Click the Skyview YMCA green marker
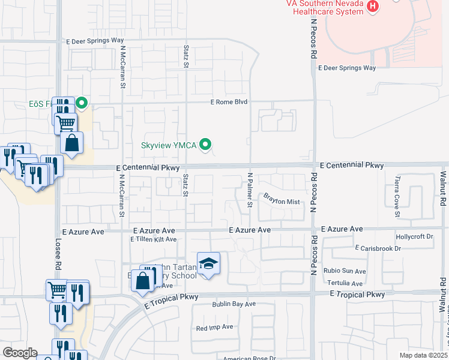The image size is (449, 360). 206,144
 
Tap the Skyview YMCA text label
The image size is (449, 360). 169,145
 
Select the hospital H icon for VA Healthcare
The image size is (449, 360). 373,7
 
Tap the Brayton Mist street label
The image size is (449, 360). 282,202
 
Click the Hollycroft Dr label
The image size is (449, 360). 414,237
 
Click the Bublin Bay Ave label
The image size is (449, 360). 234,304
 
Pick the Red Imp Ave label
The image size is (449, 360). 214,328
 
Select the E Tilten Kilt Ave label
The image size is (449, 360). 154,239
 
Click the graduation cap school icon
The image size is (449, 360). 208,263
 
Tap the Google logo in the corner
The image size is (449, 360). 19,353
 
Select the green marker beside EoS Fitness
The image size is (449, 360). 82,104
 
